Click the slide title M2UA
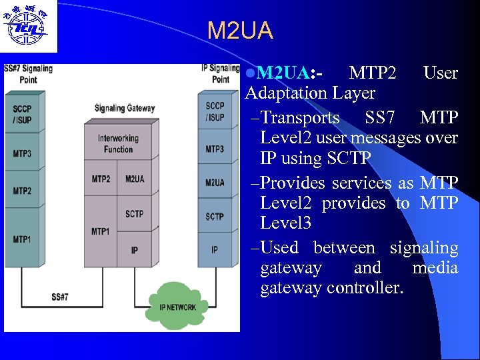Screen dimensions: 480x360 click(x=240, y=31)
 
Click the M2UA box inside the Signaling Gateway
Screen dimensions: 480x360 click(x=134, y=179)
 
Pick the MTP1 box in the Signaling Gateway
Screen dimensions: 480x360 click(x=100, y=231)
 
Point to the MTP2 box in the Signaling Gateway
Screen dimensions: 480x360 click(x=100, y=179)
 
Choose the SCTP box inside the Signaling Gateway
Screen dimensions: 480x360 click(x=134, y=213)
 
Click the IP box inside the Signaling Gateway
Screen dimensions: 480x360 click(x=134, y=250)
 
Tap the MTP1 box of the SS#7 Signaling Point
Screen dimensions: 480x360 click(x=22, y=239)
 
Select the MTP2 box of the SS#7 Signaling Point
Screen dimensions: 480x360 click(x=22, y=191)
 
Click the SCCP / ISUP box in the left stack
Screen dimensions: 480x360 click(x=22, y=113)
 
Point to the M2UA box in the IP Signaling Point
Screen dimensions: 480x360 click(x=215, y=182)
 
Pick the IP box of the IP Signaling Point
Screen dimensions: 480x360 click(x=215, y=250)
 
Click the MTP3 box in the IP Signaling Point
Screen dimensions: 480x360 click(x=215, y=149)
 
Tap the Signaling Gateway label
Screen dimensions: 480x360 click(x=125, y=109)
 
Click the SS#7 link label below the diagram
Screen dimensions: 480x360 click(x=60, y=296)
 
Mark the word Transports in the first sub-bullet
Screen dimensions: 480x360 click(x=299, y=118)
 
